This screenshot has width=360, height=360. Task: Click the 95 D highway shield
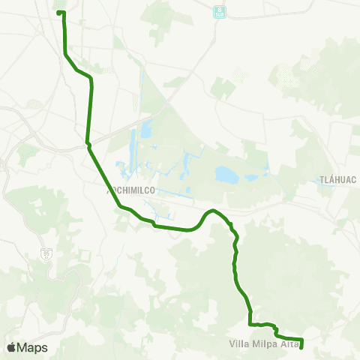click(47, 254)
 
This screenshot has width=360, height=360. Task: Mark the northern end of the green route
click(61, 12)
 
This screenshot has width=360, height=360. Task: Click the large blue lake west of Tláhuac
click(226, 175)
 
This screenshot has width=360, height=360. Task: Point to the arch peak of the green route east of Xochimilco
click(213, 211)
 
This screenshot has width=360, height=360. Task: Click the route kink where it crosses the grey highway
click(88, 142)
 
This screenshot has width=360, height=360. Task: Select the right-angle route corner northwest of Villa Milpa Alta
click(250, 324)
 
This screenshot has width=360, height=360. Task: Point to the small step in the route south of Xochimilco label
click(154, 223)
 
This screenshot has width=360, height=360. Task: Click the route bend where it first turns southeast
click(66, 54)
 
